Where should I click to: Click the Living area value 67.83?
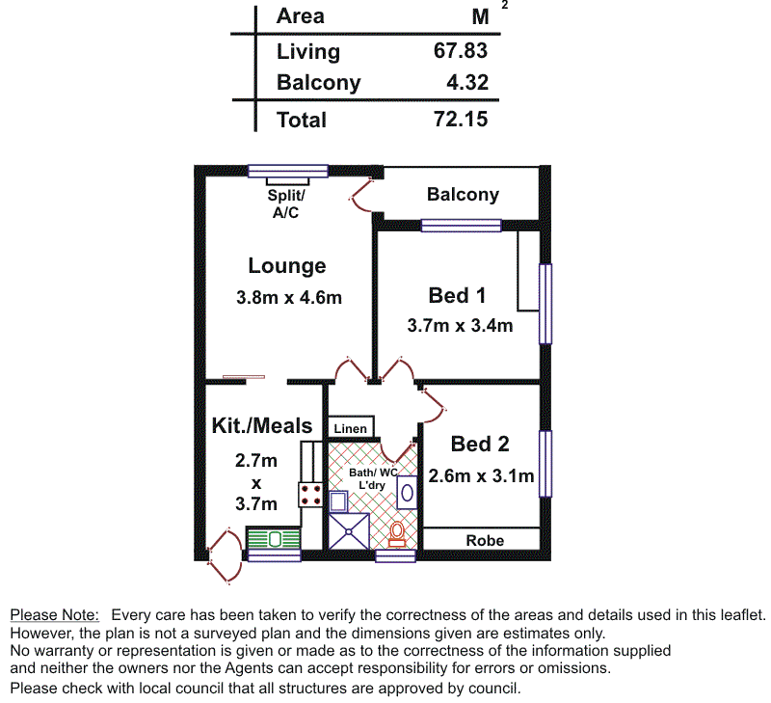(x=461, y=51)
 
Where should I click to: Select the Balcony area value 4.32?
(x=467, y=82)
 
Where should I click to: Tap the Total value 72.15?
(x=461, y=120)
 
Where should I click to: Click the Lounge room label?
(x=287, y=266)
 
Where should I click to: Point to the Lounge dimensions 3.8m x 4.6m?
(x=289, y=298)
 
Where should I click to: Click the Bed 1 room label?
(x=457, y=295)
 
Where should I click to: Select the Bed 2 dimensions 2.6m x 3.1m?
(x=480, y=475)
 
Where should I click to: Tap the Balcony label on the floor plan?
(x=463, y=195)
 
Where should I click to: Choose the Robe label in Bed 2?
(x=485, y=540)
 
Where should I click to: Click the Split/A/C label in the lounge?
(x=285, y=203)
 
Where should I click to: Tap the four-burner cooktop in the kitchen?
(x=311, y=496)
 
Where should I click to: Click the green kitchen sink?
(x=274, y=539)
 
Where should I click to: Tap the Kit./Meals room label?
(x=262, y=425)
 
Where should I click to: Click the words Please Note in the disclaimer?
(x=54, y=614)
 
